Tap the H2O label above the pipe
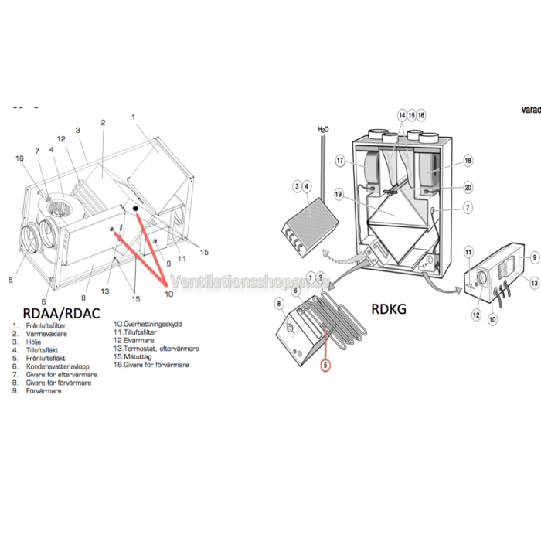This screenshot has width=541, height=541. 322,129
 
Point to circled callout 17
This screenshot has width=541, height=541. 339,161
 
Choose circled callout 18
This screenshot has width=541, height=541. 467,161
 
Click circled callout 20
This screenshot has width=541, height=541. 467,187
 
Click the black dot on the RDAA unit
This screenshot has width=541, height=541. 134,209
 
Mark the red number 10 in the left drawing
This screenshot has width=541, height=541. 170,294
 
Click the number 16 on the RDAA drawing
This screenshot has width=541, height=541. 21,158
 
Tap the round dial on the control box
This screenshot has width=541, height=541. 483,277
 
